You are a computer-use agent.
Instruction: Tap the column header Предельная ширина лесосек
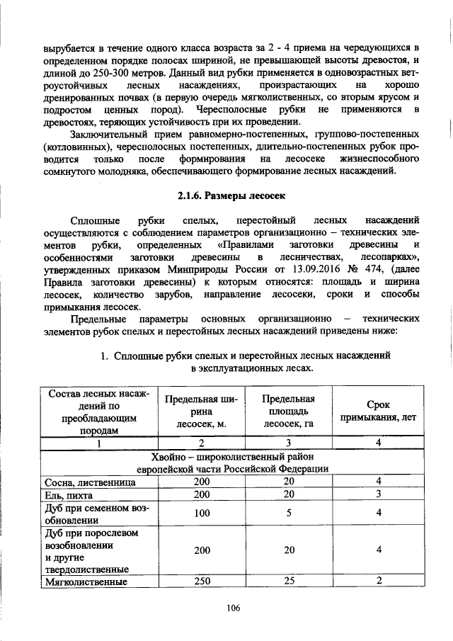coord(202,412)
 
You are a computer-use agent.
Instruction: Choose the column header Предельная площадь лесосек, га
coord(287,412)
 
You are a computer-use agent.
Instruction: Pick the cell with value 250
coord(202,582)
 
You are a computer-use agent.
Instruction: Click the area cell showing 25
coord(288,582)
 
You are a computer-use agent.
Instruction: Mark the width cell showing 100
coord(202,514)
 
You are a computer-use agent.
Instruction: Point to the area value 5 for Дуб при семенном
coord(288,514)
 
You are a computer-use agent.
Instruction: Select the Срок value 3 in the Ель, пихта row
coord(379,494)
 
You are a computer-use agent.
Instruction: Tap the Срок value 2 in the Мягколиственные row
coord(379,582)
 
